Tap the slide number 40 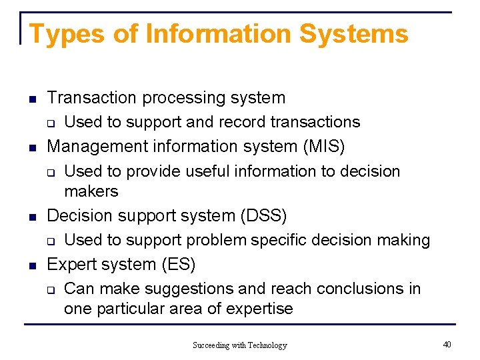click(447, 344)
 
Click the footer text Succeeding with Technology click(240, 345)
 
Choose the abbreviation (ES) click(178, 265)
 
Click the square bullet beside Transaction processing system click(31, 99)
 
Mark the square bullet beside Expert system click(31, 266)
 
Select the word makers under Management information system click(91, 192)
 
